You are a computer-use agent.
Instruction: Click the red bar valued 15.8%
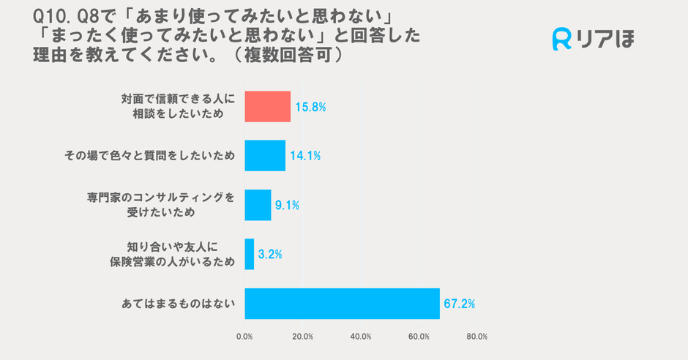(x=267, y=106)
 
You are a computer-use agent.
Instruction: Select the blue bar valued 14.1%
(x=264, y=155)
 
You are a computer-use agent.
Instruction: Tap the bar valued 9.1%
(x=258, y=205)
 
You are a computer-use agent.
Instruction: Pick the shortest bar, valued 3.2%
(x=249, y=254)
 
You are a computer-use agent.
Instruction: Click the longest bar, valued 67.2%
(x=342, y=303)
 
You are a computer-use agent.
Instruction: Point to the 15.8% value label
(x=310, y=107)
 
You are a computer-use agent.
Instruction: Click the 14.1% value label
(x=305, y=156)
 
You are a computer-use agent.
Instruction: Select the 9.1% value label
(x=287, y=206)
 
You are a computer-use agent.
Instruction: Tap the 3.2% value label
(x=270, y=255)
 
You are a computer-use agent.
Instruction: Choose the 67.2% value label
(x=459, y=304)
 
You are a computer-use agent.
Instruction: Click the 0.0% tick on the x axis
(x=244, y=337)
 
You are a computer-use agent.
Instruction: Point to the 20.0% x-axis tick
(x=302, y=337)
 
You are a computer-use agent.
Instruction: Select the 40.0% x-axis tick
(x=361, y=337)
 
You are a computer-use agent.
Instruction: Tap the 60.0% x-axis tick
(x=419, y=337)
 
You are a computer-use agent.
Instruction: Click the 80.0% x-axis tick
(x=476, y=337)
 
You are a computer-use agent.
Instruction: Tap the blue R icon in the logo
(x=561, y=39)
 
